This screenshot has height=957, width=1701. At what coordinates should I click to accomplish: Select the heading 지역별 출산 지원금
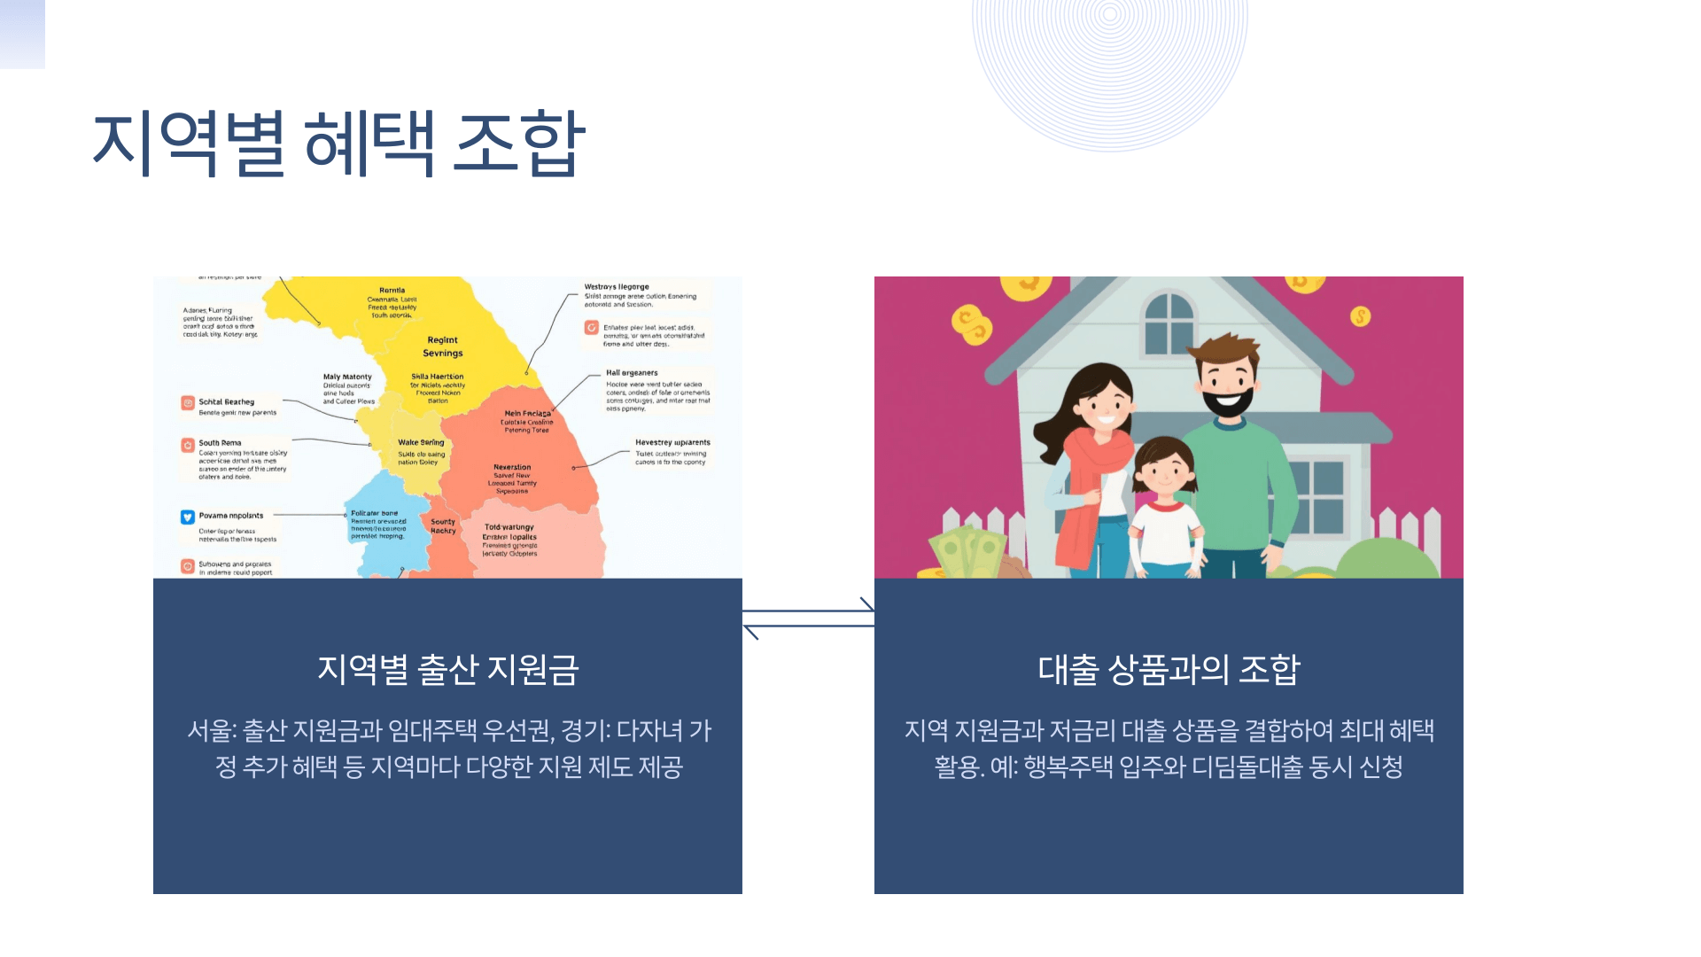click(447, 669)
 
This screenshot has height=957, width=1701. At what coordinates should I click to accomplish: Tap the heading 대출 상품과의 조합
click(1169, 669)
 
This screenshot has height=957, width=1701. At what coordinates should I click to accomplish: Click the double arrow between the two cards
click(808, 619)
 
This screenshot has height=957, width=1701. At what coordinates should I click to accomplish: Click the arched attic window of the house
click(1169, 323)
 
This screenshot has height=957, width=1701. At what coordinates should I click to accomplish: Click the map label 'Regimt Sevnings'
click(443, 346)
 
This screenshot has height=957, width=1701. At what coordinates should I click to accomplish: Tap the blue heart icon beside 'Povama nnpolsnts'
click(188, 517)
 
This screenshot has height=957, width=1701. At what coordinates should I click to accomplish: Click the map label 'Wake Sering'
click(421, 442)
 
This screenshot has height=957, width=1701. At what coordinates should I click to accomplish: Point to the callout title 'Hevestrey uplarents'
click(672, 442)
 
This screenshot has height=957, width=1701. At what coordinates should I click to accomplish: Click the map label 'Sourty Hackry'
click(443, 526)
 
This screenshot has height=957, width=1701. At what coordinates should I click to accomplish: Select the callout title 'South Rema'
click(220, 443)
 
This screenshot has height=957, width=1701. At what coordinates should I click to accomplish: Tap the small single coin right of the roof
click(1360, 316)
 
